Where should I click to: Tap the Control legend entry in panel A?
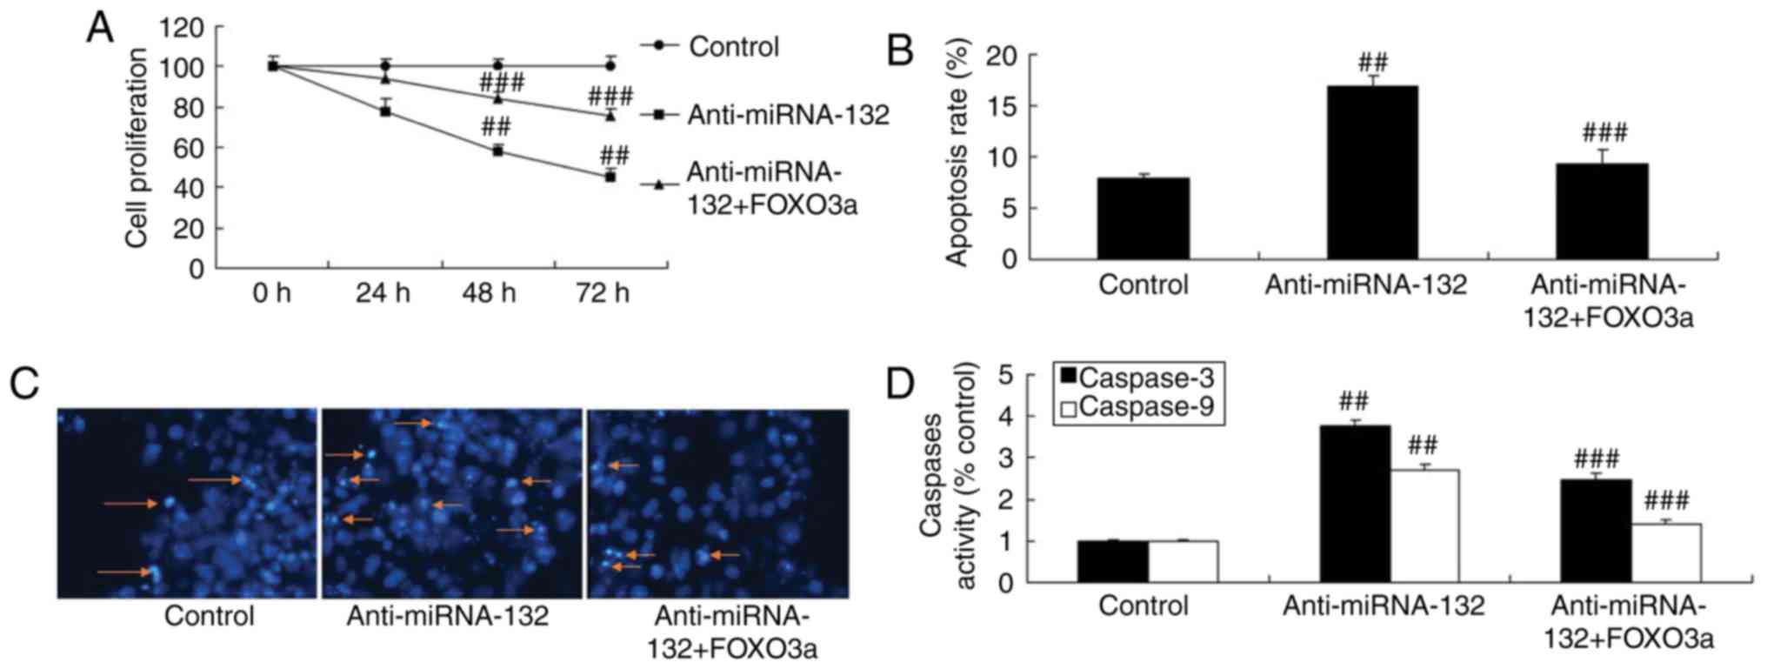click(733, 46)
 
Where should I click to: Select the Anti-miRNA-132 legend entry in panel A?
click(788, 115)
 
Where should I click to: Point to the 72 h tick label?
click(602, 293)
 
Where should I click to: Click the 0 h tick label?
click(271, 293)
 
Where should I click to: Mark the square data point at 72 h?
click(610, 177)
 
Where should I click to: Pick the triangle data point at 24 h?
click(384, 79)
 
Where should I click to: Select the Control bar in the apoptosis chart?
click(1143, 218)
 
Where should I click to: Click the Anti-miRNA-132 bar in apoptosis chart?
click(1371, 172)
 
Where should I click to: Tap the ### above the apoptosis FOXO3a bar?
click(1604, 133)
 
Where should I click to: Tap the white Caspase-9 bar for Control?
click(1183, 561)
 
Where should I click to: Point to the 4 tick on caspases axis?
click(1005, 417)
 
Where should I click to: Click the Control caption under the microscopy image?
click(210, 616)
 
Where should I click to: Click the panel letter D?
click(901, 384)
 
